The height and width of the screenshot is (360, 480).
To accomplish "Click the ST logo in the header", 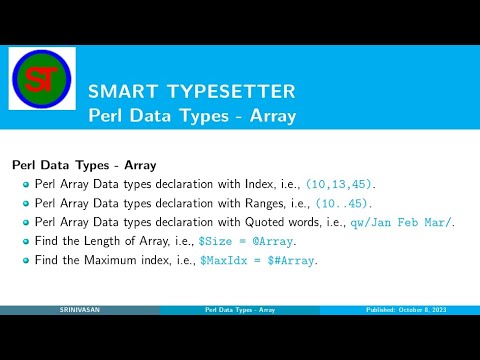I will tap(42, 78).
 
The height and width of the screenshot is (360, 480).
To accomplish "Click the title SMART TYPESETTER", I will tap(192, 92).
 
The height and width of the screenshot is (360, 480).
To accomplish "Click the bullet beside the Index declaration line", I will tap(26, 185).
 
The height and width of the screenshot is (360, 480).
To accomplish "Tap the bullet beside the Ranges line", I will tap(26, 203).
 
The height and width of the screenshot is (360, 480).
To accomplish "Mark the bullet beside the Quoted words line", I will tap(26, 222).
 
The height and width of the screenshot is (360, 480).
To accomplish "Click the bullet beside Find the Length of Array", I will tap(26, 241).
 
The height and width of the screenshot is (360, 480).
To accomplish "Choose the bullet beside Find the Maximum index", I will tap(26, 260).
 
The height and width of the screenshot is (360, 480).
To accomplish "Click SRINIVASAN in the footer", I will tap(79, 311).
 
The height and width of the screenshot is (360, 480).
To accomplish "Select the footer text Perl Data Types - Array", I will tap(239, 311).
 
